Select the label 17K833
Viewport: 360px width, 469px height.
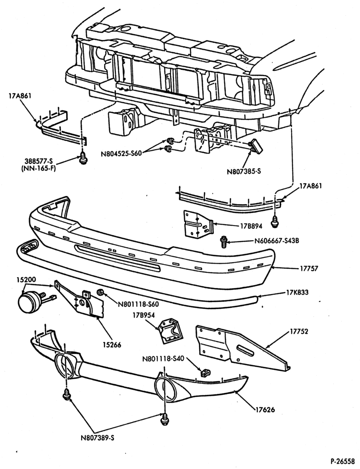(297, 292)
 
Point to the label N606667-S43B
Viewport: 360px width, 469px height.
(277, 240)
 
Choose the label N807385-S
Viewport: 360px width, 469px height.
(244, 172)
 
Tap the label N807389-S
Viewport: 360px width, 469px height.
(97, 438)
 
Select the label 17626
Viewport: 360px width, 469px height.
(265, 409)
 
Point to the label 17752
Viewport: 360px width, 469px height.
(299, 332)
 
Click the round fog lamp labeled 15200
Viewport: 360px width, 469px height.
(28, 302)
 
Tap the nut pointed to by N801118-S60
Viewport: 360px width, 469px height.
(100, 292)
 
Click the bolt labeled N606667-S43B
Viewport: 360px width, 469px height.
(223, 241)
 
